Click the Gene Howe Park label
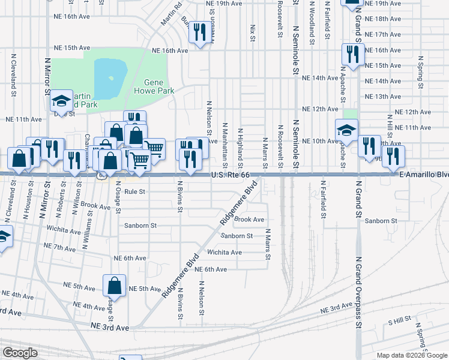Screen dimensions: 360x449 tap(158, 86)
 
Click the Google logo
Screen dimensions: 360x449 tap(20, 353)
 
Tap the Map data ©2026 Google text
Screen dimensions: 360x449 tap(411, 355)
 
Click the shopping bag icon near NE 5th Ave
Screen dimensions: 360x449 tap(114, 286)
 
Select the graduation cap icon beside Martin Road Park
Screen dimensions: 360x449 tap(61, 101)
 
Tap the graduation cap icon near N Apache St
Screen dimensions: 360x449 tap(346, 129)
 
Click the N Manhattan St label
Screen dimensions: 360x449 tap(225, 145)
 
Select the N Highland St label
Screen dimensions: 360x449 tap(240, 148)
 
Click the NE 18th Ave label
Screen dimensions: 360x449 tap(382, 19)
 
